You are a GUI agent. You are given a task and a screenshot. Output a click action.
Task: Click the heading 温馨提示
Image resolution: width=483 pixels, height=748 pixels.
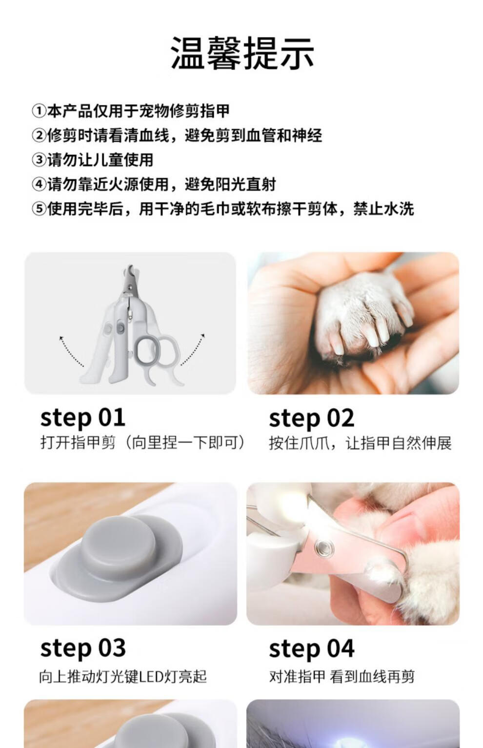coord(242,54)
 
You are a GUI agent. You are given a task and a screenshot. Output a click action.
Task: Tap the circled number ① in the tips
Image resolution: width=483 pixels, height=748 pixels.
coord(39,111)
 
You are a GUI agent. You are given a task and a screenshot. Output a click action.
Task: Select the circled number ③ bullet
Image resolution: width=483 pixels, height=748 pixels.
coord(39,160)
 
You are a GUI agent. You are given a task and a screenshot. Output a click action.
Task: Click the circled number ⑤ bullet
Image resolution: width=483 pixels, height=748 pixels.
coord(39,209)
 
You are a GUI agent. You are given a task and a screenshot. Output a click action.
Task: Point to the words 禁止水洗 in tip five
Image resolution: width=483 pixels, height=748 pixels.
coord(383,209)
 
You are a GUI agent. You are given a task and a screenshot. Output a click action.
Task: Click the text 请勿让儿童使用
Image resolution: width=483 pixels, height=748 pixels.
coord(100,160)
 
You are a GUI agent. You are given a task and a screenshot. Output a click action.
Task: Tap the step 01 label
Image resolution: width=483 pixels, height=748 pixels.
coord(82,418)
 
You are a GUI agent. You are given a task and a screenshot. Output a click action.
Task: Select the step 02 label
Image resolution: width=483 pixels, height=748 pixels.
coord(311,418)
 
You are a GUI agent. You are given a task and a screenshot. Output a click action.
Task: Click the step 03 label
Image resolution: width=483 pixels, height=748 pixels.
coord(83,649)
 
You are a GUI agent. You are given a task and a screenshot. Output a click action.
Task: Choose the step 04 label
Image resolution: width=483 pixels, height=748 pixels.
coord(311,649)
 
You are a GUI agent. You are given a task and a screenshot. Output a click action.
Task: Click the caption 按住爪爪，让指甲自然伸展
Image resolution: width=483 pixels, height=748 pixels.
coord(360,443)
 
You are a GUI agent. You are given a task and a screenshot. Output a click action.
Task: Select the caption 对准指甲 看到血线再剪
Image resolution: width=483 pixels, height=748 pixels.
coord(342,677)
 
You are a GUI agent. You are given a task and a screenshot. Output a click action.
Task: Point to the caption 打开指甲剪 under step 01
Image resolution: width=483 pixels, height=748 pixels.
coord(78,443)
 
